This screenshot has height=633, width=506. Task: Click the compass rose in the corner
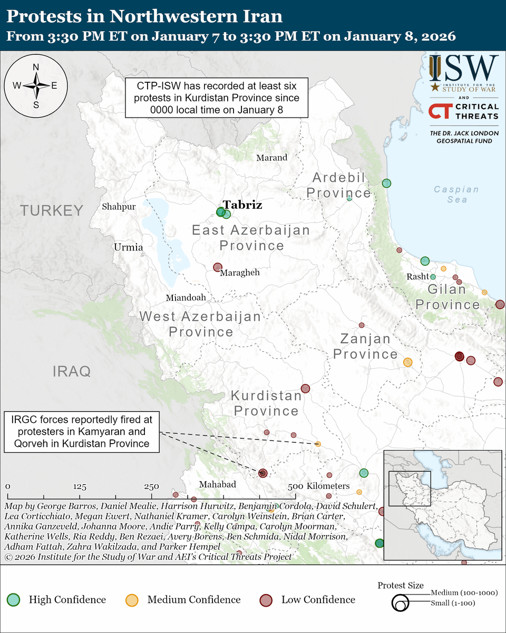click(x=35, y=85)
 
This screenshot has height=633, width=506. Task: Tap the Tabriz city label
click(x=242, y=205)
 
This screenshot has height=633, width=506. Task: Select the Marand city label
click(x=271, y=157)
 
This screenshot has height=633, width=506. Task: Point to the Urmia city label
click(x=128, y=247)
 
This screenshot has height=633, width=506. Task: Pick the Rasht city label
click(x=417, y=277)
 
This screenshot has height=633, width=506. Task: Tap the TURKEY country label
click(x=52, y=210)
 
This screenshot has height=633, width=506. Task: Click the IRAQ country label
click(x=72, y=371)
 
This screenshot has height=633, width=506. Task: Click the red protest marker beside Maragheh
click(x=217, y=267)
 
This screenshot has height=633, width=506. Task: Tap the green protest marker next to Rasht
click(x=433, y=276)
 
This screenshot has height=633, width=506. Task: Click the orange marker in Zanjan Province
click(x=407, y=362)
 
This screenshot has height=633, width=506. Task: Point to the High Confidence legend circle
click(x=14, y=600)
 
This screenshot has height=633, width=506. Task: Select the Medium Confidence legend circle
click(x=132, y=600)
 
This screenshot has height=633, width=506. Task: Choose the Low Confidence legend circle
click(x=266, y=600)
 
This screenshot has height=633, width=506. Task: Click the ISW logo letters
click(x=463, y=68)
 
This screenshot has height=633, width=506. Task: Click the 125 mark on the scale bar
click(x=80, y=486)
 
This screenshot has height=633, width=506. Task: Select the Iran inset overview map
click(x=442, y=505)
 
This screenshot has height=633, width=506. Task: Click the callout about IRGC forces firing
click(x=81, y=431)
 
